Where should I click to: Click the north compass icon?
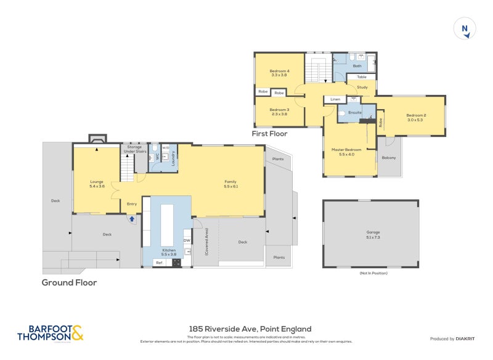(x=465, y=29)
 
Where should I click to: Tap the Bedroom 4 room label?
(x=279, y=73)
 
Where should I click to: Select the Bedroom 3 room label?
(x=279, y=112)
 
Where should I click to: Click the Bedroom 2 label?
(x=416, y=117)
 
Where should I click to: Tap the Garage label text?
(x=373, y=234)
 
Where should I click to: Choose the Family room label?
(x=230, y=183)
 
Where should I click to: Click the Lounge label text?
(x=97, y=183)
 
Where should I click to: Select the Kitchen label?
(x=168, y=252)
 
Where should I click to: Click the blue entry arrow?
(x=131, y=218)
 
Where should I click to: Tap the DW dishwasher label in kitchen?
(x=187, y=240)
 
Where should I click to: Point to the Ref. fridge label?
(x=159, y=263)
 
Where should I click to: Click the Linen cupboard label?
(x=335, y=99)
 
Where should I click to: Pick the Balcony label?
(x=389, y=158)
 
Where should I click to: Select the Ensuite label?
(x=354, y=113)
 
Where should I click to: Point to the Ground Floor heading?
(x=69, y=282)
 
